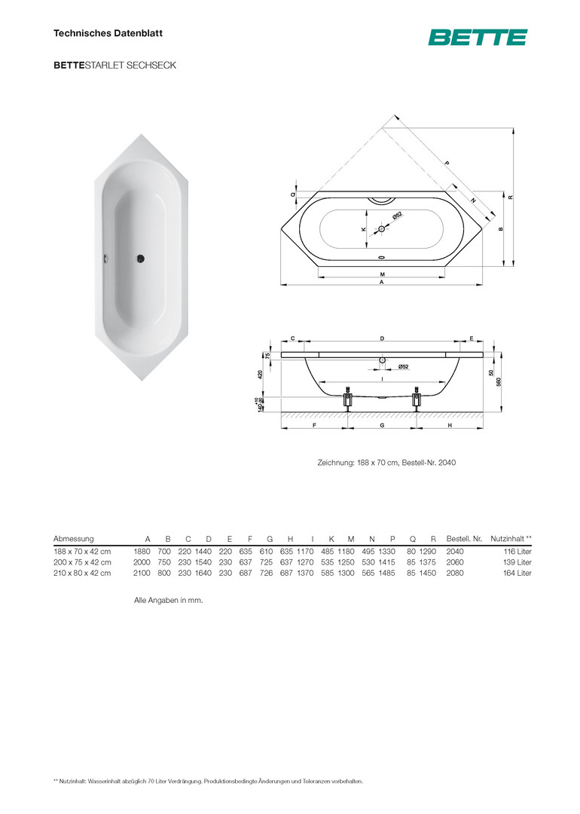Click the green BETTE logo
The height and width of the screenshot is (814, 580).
pos(478,38)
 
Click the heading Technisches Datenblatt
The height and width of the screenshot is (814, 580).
pos(108,33)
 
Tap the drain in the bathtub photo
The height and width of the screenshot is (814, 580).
pos(141,258)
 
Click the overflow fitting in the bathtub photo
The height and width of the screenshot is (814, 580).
pos(106,258)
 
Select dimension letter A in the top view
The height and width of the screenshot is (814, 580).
pos(382,282)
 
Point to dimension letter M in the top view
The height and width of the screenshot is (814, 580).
pos(383,274)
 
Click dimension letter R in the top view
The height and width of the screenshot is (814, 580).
pos(511,197)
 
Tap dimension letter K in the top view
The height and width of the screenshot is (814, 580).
pos(364,229)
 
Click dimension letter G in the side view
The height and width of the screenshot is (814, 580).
pos(383,425)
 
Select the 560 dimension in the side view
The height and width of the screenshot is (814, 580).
pos(499,382)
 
